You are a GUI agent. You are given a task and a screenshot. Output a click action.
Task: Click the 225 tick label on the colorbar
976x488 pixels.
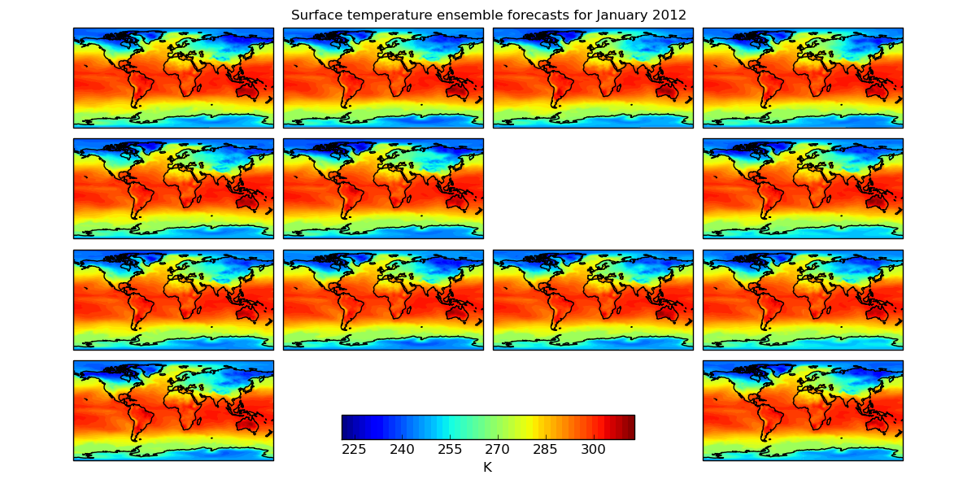coord(354,450)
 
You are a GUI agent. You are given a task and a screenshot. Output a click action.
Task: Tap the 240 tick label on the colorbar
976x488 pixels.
coord(402,450)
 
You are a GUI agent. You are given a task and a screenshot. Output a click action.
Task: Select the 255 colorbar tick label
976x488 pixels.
coord(450,450)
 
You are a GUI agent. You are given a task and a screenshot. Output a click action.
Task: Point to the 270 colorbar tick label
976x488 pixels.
coord(498,450)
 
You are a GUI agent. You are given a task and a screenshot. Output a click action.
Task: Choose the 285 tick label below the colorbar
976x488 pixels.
coord(546,450)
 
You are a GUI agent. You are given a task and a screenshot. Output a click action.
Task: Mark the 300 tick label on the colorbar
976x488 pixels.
coord(594,450)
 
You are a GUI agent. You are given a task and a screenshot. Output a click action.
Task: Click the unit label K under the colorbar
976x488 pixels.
coord(487,467)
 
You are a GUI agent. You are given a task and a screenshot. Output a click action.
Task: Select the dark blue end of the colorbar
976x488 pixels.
coord(346,427)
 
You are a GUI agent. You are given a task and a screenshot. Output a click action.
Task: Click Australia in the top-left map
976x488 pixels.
coord(247,93)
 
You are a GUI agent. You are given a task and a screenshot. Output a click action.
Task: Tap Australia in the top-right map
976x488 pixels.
coord(877,93)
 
